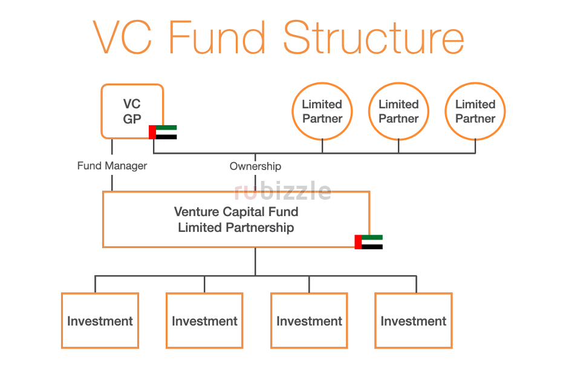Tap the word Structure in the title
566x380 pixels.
click(373, 38)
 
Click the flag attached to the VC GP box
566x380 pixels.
click(163, 132)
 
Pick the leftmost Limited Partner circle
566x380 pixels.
click(322, 112)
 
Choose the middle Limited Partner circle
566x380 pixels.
click(398, 112)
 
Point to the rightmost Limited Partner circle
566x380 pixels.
click(475, 112)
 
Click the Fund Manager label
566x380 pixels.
click(112, 166)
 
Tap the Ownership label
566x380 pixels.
click(255, 166)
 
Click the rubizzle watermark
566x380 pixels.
click(282, 191)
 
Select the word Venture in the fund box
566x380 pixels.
click(195, 212)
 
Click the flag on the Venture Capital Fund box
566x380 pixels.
click(368, 242)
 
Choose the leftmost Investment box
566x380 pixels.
click(100, 321)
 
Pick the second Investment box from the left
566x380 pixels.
click(204, 321)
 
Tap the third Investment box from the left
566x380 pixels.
click(309, 321)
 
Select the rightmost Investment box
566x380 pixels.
click(414, 321)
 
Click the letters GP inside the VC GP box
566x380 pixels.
click(132, 119)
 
